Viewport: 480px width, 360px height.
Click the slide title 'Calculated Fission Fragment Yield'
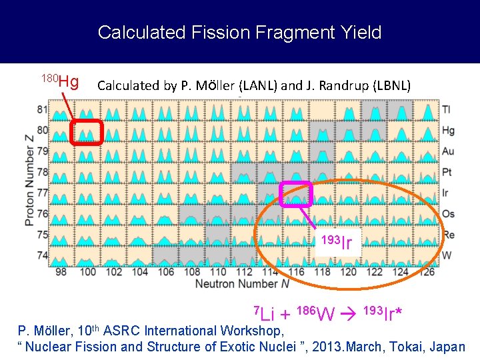pos(239,32)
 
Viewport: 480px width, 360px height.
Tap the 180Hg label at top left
pos(61,81)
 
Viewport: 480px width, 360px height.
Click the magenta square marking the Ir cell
pos(296,193)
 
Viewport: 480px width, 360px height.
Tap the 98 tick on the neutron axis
pos(61,272)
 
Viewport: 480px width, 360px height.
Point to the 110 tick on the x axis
pos(217,272)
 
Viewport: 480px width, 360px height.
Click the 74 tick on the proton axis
pos(43,255)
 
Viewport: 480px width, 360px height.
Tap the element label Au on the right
pos(448,151)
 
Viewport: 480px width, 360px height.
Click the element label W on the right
pos(447,255)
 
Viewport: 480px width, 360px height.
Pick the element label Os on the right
pos(448,213)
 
